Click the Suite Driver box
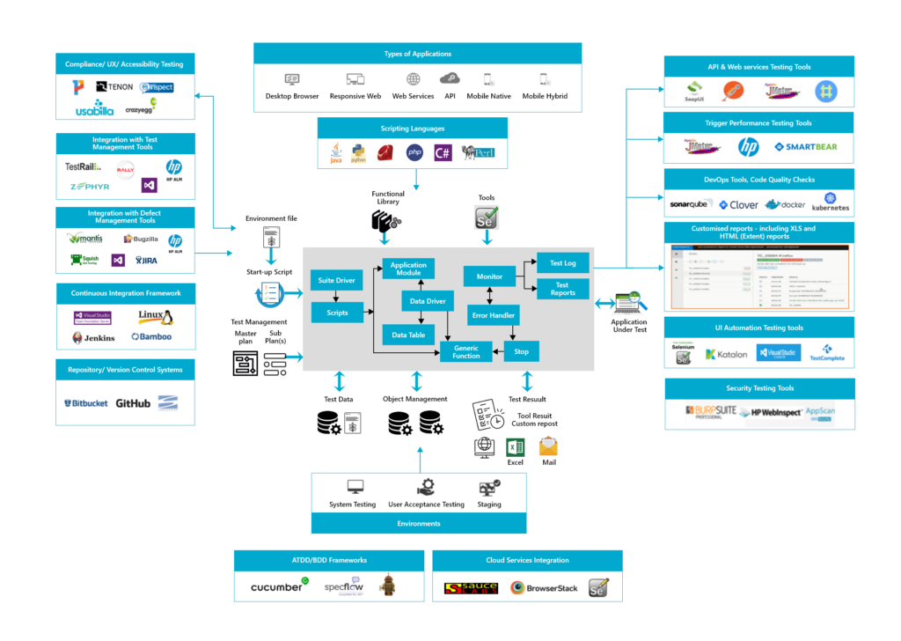[333, 281]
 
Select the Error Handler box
[494, 314]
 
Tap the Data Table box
[408, 335]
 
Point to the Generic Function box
[466, 352]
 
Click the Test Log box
[562, 262]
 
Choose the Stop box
[522, 351]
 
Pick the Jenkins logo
[94, 337]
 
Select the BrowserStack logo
[546, 587]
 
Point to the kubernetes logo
[830, 203]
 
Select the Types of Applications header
[417, 55]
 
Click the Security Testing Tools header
[759, 388]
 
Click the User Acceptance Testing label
[426, 505]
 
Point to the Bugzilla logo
[137, 239]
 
